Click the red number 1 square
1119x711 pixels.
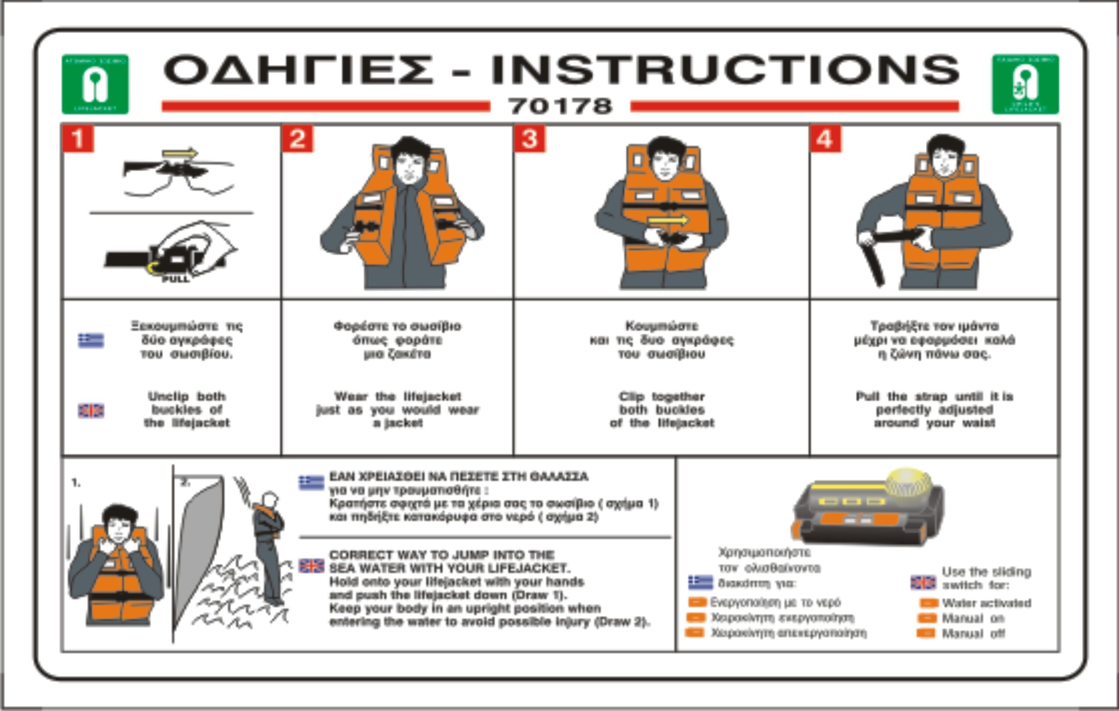tap(78, 138)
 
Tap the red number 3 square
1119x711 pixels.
tap(530, 138)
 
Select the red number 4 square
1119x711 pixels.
tap(825, 138)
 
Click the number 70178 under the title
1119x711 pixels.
tap(560, 106)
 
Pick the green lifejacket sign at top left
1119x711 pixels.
tap(95, 84)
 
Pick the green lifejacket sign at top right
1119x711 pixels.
tap(1025, 84)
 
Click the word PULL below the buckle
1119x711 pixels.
tap(176, 279)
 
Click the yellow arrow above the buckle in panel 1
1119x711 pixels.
tap(179, 153)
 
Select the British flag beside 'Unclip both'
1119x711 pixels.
tap(91, 411)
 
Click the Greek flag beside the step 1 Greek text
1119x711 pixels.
tap(91, 340)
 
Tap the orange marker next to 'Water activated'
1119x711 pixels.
tap(928, 603)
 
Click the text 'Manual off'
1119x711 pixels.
tap(973, 634)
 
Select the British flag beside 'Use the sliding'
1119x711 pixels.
tap(923, 582)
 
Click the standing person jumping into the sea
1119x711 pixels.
tap(268, 548)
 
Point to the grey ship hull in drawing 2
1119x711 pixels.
tap(198, 548)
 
